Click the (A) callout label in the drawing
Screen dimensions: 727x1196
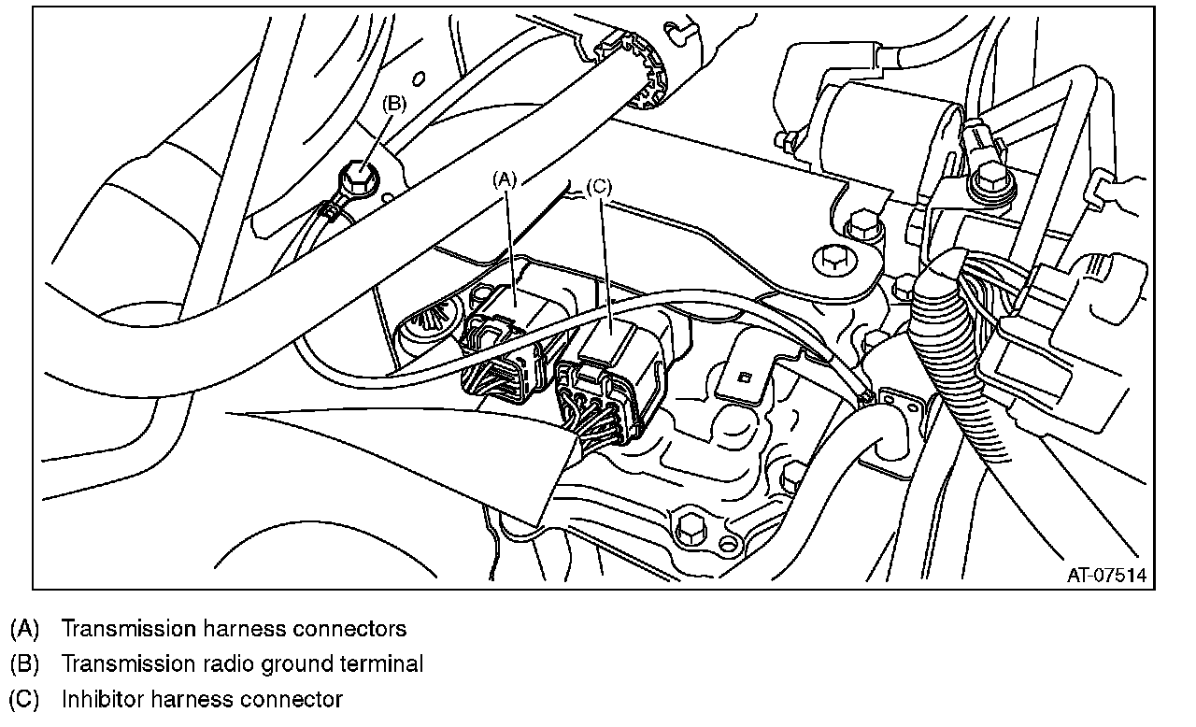505,178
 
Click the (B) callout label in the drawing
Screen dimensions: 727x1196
393,104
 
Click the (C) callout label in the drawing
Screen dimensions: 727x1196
598,186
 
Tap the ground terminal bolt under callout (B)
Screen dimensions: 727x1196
357,175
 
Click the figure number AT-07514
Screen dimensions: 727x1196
1106,575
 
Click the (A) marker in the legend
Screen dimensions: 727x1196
24,628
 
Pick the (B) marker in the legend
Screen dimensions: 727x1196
24,663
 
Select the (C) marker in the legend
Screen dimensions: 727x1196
24,699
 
